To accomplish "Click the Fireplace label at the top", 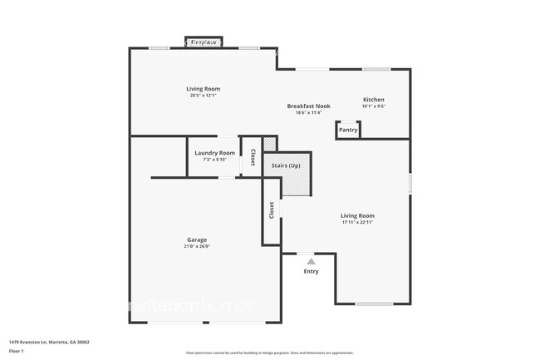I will pyautogui.click(x=203, y=42).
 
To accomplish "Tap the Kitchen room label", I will pyautogui.click(x=373, y=100).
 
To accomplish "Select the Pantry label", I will pyautogui.click(x=348, y=130).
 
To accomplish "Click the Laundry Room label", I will pyautogui.click(x=214, y=153).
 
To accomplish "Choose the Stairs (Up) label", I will pyautogui.click(x=286, y=165).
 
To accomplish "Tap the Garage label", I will pyautogui.click(x=197, y=240).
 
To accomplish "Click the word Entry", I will pyautogui.click(x=311, y=271).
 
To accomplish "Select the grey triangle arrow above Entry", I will pyautogui.click(x=311, y=261).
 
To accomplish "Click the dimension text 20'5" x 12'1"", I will pyautogui.click(x=203, y=96).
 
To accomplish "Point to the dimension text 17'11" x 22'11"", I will pyautogui.click(x=357, y=223).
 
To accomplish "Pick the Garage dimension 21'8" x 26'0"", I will pyautogui.click(x=197, y=247).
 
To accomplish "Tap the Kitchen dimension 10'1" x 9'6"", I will pyautogui.click(x=373, y=106).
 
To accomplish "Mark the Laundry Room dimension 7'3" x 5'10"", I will pyautogui.click(x=214, y=160).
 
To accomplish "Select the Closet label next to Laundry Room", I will pyautogui.click(x=253, y=157).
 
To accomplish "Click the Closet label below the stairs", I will pyautogui.click(x=271, y=210).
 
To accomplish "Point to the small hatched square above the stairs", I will pyautogui.click(x=269, y=144).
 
